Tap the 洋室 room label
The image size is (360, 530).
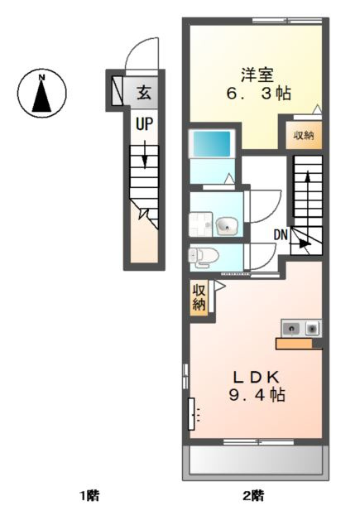point(257,75)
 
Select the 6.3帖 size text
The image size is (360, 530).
point(259,94)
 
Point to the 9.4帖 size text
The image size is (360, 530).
point(257,394)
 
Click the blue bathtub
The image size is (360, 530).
point(212,143)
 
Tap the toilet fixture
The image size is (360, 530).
point(204,257)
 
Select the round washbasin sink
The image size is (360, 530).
point(227,225)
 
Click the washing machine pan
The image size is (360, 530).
point(200,224)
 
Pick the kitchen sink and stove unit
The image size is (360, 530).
point(301,328)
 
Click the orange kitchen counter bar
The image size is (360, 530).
point(294,344)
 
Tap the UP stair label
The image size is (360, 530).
point(144,124)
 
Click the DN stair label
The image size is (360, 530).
point(281,235)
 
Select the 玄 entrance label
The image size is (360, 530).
point(144,93)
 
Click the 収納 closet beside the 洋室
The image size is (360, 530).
point(304,136)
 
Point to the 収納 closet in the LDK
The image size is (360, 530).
point(199,298)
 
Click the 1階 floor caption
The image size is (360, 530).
point(89,496)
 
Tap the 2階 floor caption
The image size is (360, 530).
point(253,496)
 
